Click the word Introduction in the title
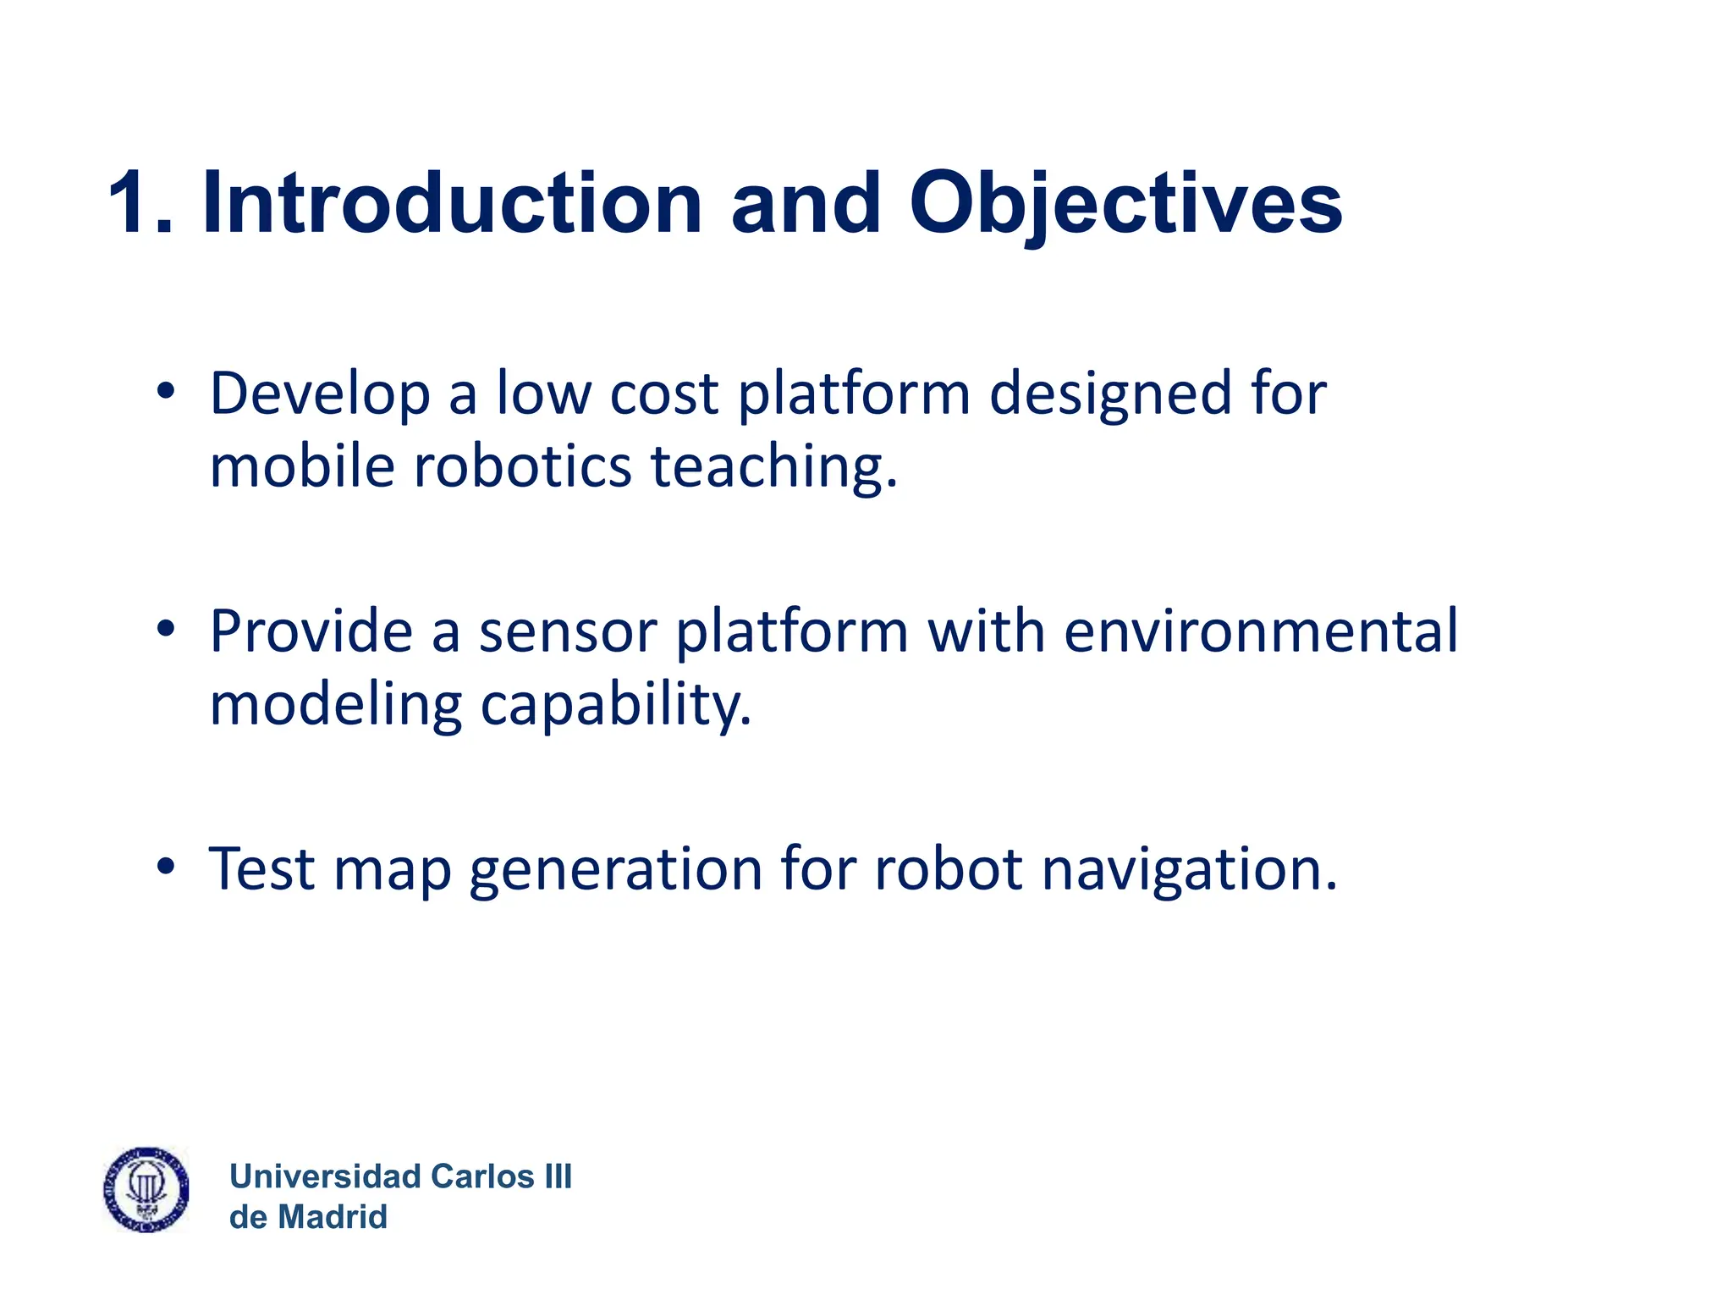click(x=452, y=203)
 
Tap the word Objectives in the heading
click(x=1125, y=205)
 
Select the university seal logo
click(x=146, y=1189)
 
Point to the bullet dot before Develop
click(x=166, y=391)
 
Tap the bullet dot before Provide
click(x=166, y=629)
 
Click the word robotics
click(x=522, y=467)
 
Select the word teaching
click(x=773, y=469)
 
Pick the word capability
click(x=615, y=706)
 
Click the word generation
click(x=615, y=871)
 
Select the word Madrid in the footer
click(x=333, y=1217)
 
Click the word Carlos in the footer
click(x=481, y=1176)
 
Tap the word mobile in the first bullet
click(x=301, y=467)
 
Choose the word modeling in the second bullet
click(x=335, y=706)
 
